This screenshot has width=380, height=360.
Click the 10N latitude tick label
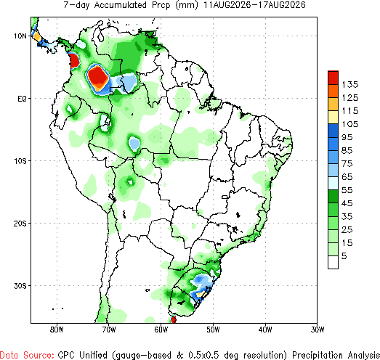coord(20,36)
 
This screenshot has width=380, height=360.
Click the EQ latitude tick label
coord(22,99)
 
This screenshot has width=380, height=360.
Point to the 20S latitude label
coord(20,224)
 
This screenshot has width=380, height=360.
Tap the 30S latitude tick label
coord(20,286)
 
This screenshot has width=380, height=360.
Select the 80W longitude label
coord(57,330)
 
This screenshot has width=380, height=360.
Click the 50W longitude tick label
coord(214,330)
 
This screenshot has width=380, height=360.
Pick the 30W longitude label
coord(318,330)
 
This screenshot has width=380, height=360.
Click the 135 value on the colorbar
coord(350,85)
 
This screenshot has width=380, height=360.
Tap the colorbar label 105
coord(350,124)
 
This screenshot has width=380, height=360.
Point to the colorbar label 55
coord(347,190)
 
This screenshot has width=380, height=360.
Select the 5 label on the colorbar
coord(344,256)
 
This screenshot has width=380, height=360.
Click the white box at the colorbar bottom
coord(333,262)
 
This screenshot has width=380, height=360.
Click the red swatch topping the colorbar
coord(333,78)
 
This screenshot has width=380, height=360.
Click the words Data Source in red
coord(27,355)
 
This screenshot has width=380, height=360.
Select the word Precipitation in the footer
coord(318,355)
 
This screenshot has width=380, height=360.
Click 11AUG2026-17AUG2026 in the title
coord(254,5)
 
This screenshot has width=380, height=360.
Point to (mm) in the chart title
coord(186,5)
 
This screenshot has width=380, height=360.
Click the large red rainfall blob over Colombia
coord(97,77)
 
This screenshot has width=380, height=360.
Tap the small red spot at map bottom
coord(173,320)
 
